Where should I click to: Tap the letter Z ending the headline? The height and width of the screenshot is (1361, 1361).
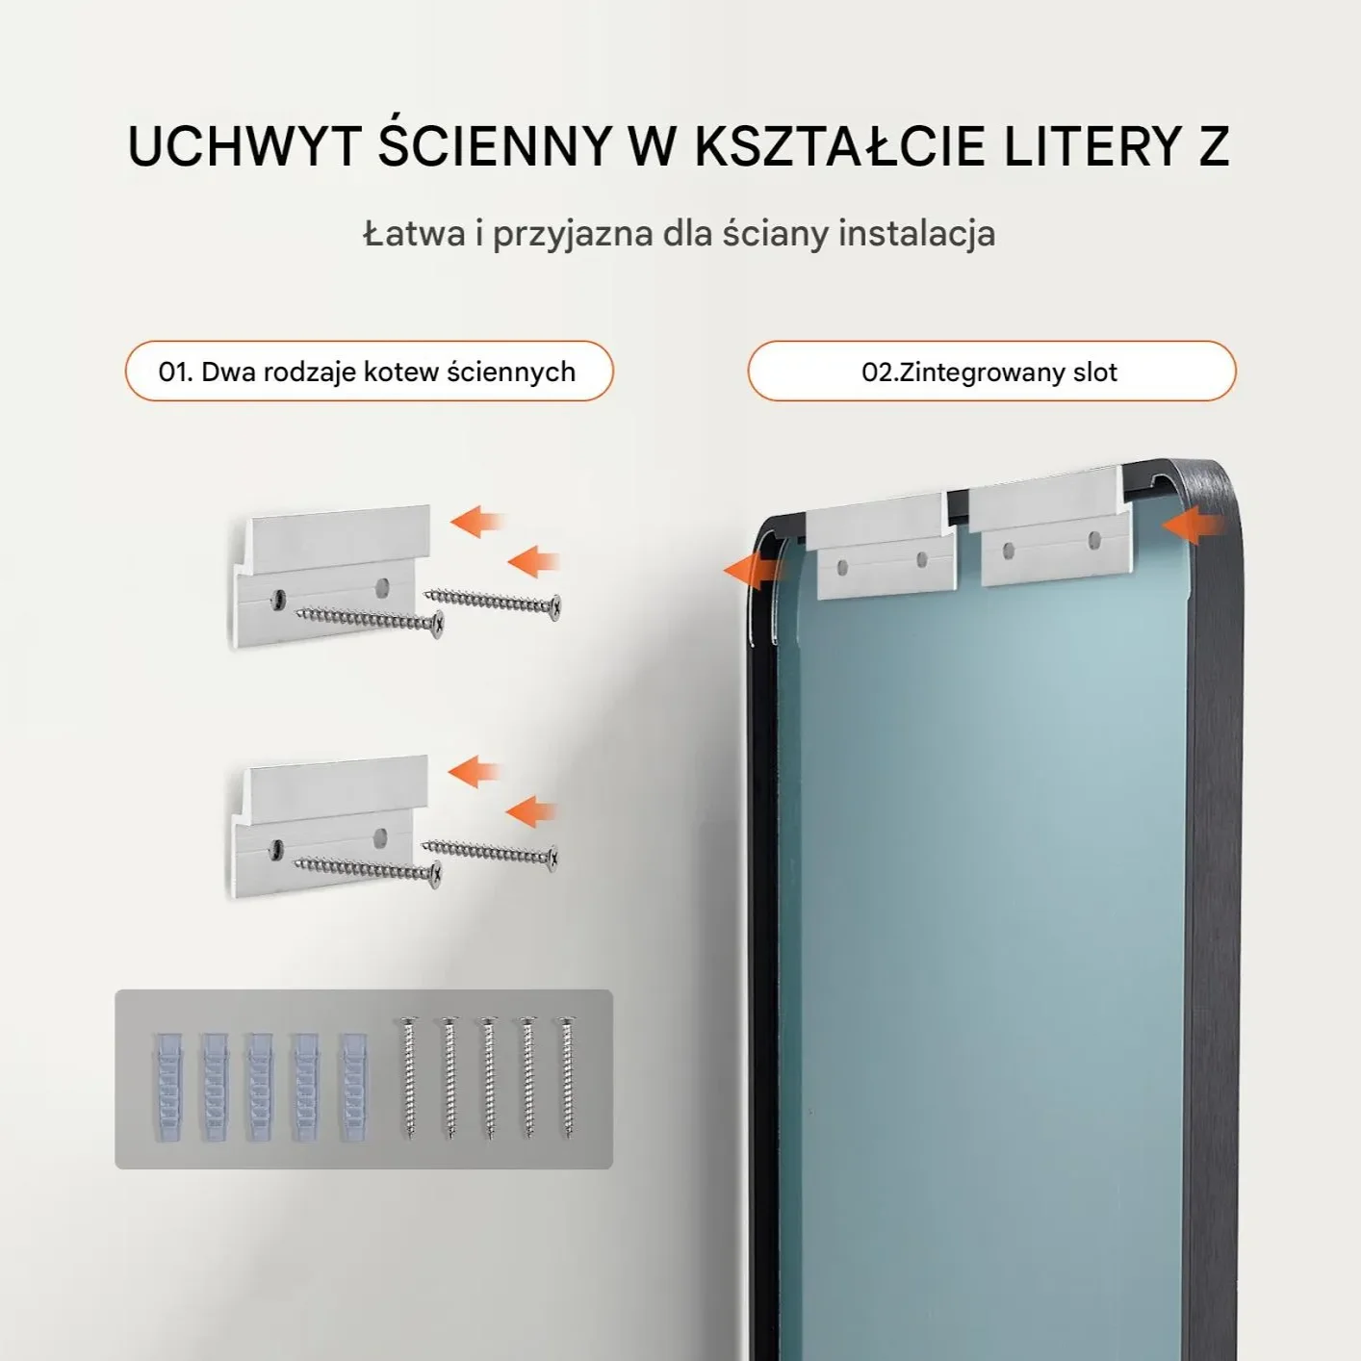point(1214,147)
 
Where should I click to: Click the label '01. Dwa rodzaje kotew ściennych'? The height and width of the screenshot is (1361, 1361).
point(368,372)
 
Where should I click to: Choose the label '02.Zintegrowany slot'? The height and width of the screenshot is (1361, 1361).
point(989,372)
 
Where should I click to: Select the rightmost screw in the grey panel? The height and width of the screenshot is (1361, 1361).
point(567,1077)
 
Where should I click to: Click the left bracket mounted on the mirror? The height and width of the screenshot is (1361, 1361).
point(882,545)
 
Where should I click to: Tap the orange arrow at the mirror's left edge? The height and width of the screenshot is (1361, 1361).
point(751,570)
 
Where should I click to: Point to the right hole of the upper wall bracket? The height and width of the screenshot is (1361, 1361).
point(382,585)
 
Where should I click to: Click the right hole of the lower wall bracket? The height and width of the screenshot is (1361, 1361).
point(381,837)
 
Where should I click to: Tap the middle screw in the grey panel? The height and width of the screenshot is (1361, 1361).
point(488,1077)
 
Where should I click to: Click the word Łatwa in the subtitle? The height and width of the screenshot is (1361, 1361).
point(414,232)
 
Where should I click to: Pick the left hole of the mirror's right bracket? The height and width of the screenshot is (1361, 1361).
point(1009,548)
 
